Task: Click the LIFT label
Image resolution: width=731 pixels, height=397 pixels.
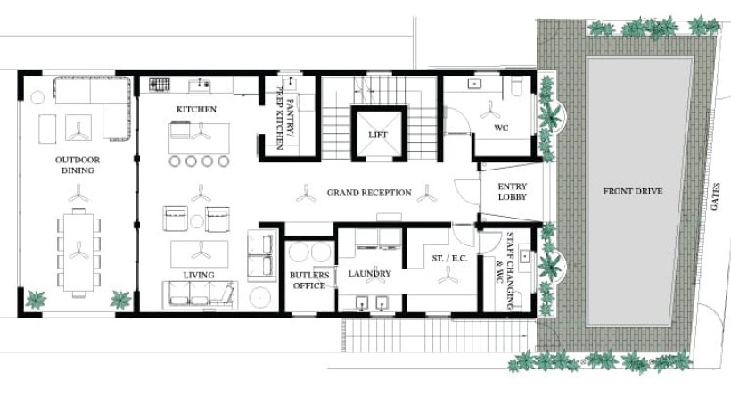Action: [x=378, y=135]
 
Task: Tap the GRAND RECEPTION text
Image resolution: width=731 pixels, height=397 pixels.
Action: [x=369, y=192]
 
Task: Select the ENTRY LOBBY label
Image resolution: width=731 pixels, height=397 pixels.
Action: [x=513, y=192]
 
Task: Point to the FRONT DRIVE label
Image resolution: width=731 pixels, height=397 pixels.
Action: [x=633, y=191]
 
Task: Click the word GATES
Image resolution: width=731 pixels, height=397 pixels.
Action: [x=716, y=196]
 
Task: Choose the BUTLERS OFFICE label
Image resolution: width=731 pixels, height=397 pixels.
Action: [x=309, y=280]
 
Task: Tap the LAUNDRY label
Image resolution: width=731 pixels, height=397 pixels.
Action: [x=369, y=273]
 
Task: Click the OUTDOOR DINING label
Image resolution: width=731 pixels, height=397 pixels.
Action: [x=78, y=165]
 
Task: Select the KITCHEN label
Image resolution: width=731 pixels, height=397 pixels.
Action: [x=196, y=109]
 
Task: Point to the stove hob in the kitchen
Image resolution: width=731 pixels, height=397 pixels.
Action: [x=159, y=84]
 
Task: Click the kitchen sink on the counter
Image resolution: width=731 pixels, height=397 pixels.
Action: [x=200, y=86]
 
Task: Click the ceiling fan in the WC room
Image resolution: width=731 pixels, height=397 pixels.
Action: [x=490, y=110]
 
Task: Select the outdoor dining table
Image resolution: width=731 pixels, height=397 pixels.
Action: [x=78, y=252]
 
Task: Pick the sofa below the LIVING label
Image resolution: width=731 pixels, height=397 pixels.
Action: [x=200, y=294]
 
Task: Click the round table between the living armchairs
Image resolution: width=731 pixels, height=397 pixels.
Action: [x=197, y=221]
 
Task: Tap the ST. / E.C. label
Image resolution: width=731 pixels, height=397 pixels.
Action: [x=449, y=258]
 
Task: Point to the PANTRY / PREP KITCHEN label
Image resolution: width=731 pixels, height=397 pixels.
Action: [x=284, y=118]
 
